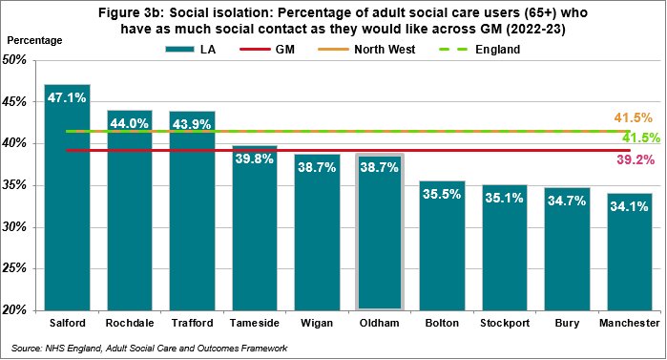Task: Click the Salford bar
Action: (x=67, y=198)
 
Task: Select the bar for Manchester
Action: (x=630, y=252)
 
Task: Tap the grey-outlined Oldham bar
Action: (x=380, y=231)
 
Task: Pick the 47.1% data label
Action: (x=67, y=97)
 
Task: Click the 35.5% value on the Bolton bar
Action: (x=442, y=194)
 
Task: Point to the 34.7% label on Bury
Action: (x=567, y=201)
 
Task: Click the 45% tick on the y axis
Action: (x=14, y=102)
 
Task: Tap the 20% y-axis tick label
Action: (x=14, y=310)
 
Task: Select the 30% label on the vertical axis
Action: (x=14, y=227)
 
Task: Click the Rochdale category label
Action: (x=130, y=323)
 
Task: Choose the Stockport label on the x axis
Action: (x=505, y=323)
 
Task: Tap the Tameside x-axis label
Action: (x=255, y=323)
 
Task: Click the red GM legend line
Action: (x=255, y=50)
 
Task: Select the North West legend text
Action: (x=385, y=50)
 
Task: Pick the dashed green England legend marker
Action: (x=453, y=50)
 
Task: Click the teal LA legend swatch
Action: (x=180, y=50)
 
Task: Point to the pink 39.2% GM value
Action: (x=636, y=160)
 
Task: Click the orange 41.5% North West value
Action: (x=633, y=117)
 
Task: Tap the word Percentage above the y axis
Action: (x=34, y=40)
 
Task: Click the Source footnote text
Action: (x=149, y=349)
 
